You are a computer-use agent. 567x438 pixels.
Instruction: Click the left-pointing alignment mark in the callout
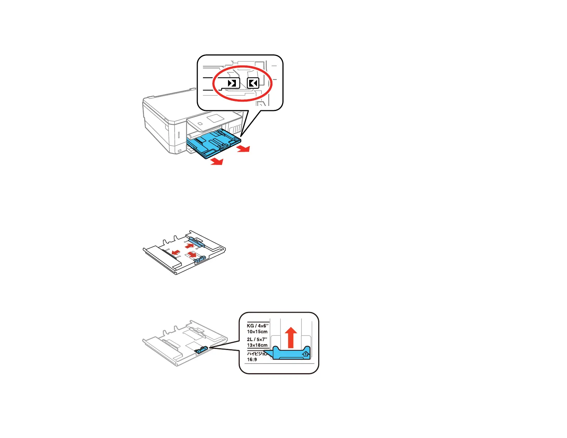(253, 83)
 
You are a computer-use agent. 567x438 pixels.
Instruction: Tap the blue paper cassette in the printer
(213, 143)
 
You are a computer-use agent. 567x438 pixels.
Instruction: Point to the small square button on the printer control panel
(200, 123)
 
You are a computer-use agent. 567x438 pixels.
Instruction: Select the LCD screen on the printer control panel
(216, 118)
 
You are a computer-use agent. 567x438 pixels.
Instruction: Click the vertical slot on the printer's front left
(179, 136)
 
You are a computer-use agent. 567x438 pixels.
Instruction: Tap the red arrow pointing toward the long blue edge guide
(189, 246)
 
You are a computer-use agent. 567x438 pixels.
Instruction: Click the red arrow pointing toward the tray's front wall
(175, 253)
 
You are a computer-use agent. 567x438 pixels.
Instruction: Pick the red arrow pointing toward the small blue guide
(192, 255)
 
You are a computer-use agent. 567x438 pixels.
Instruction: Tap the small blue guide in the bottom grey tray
(202, 350)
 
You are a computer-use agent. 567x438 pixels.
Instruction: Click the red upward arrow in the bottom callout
(291, 337)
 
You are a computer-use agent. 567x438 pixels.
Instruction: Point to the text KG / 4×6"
(257, 326)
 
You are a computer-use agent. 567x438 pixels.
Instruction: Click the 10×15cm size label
(257, 332)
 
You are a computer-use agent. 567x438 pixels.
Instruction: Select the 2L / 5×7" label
(257, 339)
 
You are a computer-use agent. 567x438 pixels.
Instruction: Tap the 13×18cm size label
(257, 345)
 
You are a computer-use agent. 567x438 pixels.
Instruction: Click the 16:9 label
(252, 359)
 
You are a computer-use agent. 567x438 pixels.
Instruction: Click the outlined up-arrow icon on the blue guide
(305, 354)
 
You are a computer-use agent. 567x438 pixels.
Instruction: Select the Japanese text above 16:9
(257, 354)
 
